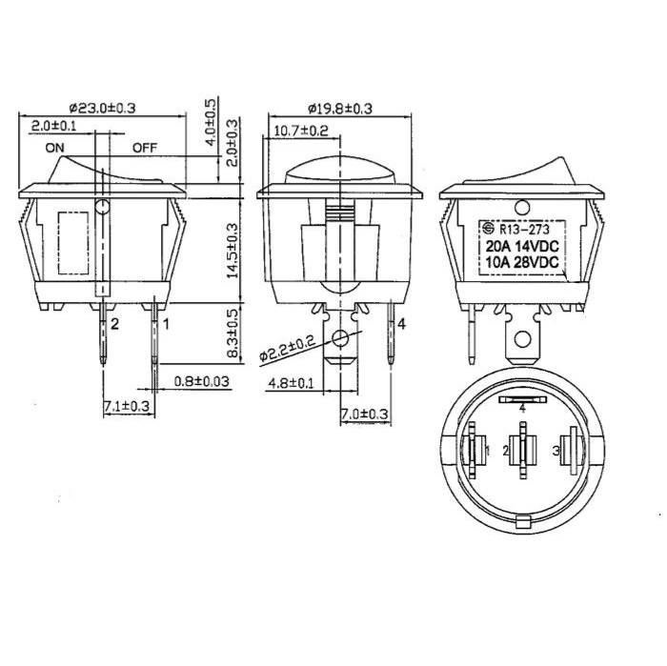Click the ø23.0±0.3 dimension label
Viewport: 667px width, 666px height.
coord(102,108)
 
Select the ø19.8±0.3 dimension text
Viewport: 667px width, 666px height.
coord(340,109)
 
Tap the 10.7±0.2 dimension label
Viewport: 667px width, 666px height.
coord(301,131)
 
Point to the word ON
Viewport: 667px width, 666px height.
coord(55,148)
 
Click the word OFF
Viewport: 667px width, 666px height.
coord(145,148)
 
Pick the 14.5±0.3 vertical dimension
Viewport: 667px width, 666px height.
coord(232,251)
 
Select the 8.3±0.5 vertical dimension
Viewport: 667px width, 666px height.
coord(233,333)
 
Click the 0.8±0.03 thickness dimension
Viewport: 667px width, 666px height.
coord(202,381)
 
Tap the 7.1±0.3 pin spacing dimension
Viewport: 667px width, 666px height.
coord(127,406)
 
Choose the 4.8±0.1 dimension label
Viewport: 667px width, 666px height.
coord(291,384)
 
